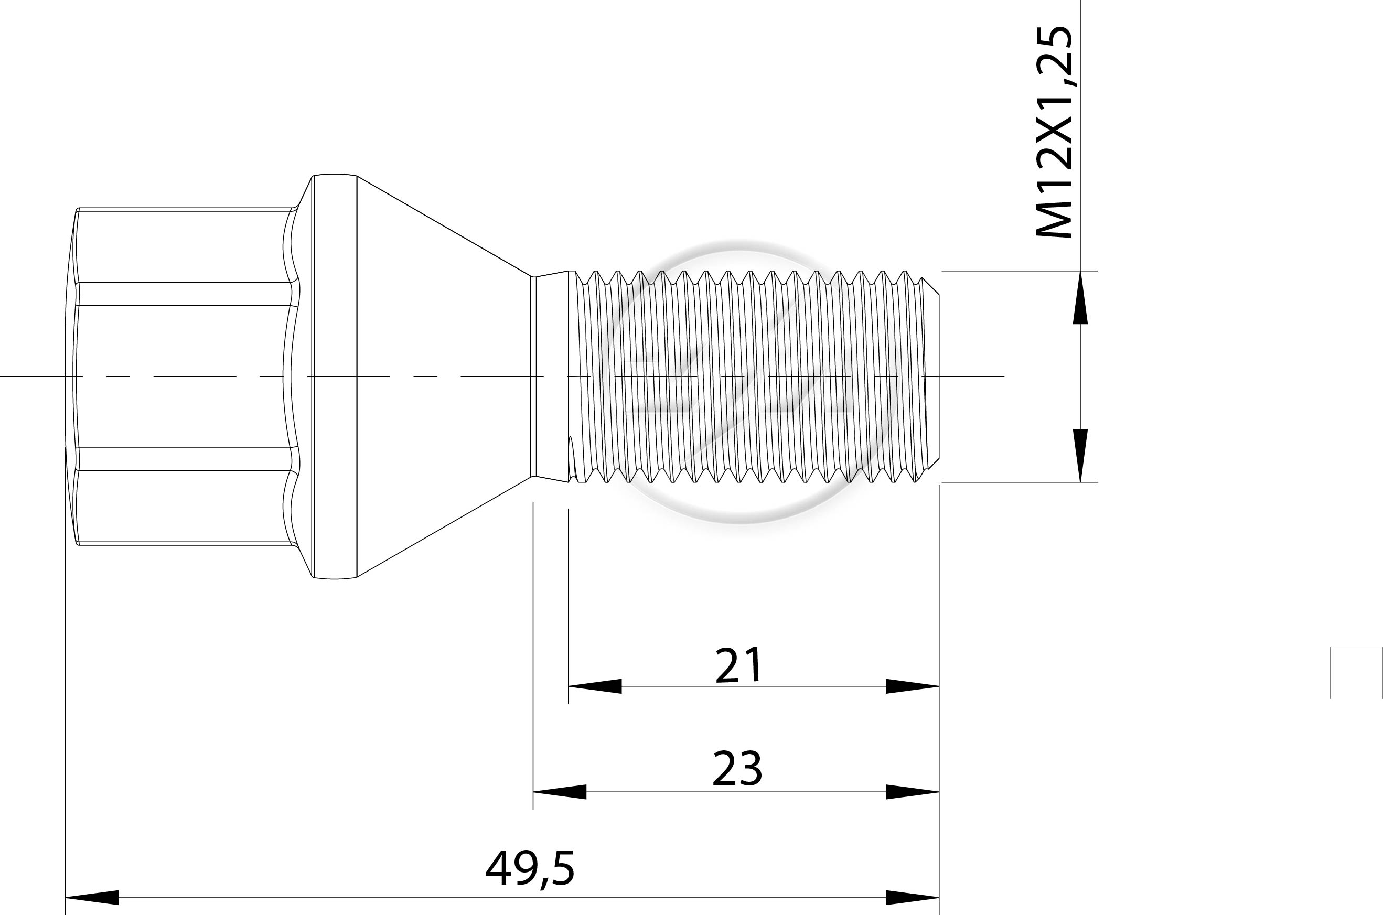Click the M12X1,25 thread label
(x=1054, y=132)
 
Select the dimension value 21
(x=738, y=665)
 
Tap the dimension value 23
(x=737, y=769)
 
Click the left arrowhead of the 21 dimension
(x=595, y=686)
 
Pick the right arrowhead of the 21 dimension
(x=912, y=686)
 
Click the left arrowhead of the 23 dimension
(x=560, y=792)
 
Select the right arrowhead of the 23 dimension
(x=912, y=792)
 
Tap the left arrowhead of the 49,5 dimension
(x=92, y=898)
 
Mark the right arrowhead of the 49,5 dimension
(x=912, y=898)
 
